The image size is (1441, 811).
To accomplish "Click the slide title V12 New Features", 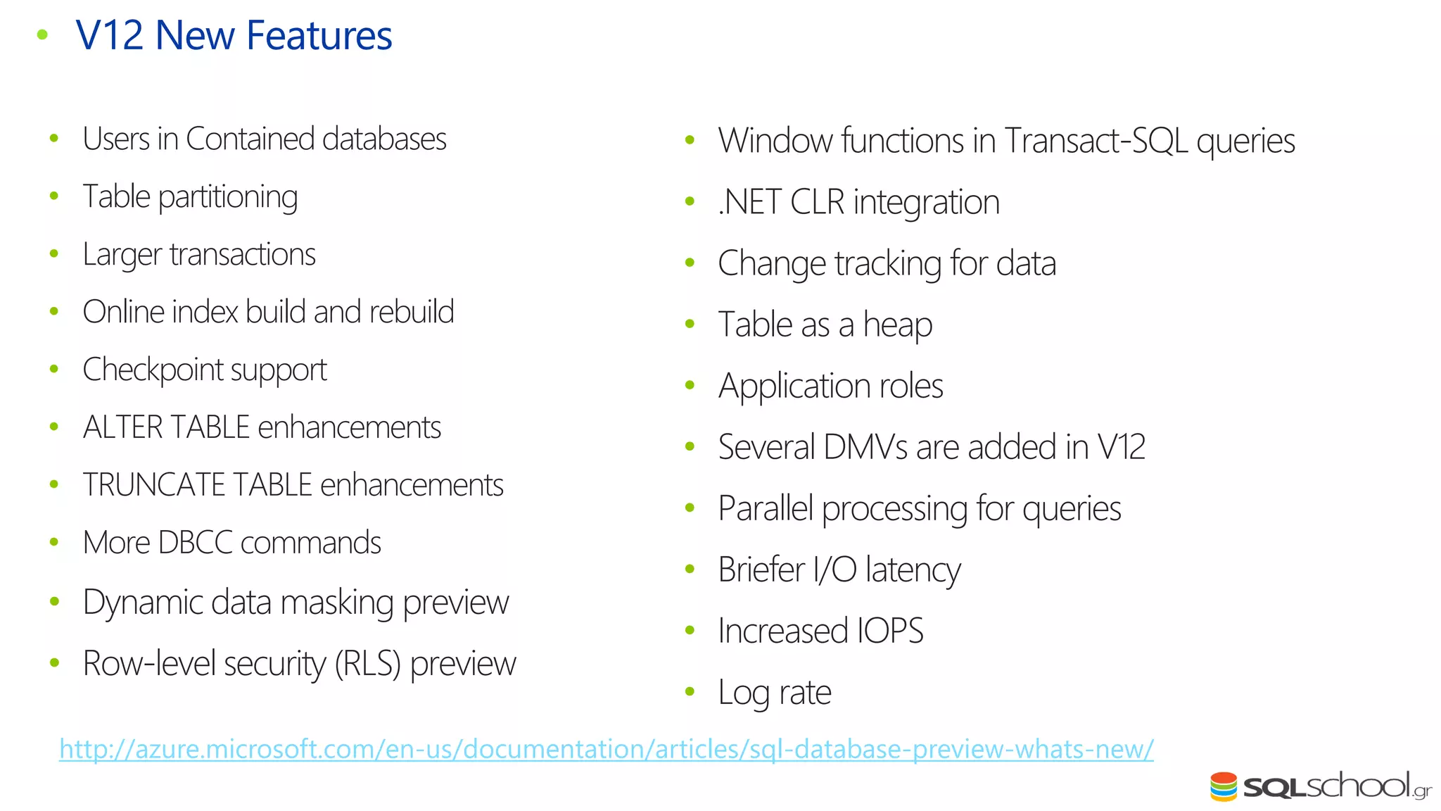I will pyautogui.click(x=234, y=35).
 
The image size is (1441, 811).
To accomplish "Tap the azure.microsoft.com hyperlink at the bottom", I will pyautogui.click(x=606, y=749).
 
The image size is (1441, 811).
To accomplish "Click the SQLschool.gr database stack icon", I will pyautogui.click(x=1224, y=787).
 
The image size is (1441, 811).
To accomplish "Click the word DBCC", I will pyautogui.click(x=195, y=543).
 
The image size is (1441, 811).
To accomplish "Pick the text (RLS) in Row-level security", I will pyautogui.click(x=367, y=664).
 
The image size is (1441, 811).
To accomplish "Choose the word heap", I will pyautogui.click(x=897, y=325).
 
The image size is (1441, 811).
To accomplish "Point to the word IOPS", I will pyautogui.click(x=890, y=631).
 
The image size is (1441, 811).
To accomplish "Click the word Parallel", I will pyautogui.click(x=765, y=508).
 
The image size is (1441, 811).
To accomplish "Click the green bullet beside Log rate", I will pyautogui.click(x=690, y=692).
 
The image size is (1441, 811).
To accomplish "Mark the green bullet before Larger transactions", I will pyautogui.click(x=54, y=254).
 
